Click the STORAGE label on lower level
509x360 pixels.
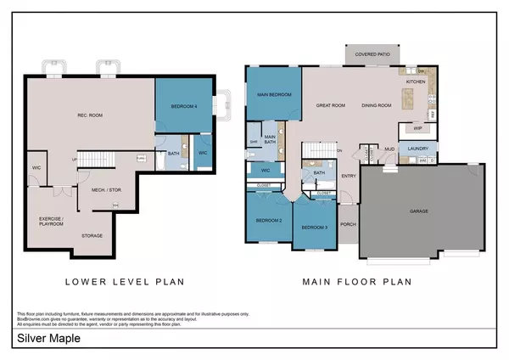[x=92, y=235]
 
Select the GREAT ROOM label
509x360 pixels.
[x=331, y=106]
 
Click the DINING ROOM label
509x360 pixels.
[x=377, y=106]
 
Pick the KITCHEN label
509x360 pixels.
[x=415, y=82]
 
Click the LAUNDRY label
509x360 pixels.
[x=418, y=149]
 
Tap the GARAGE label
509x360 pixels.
[x=419, y=211]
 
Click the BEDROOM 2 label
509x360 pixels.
[x=268, y=222]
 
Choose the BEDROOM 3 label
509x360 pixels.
[x=314, y=228]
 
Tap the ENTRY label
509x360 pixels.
[x=349, y=177]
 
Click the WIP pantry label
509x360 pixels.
[x=417, y=128]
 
